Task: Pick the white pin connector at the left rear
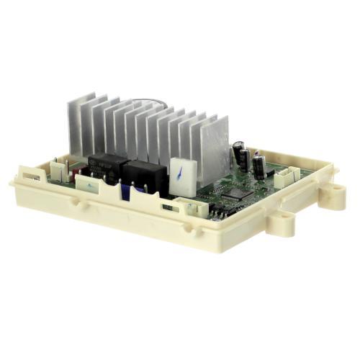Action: pyautogui.click(x=57, y=170)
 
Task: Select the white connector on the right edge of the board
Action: pyautogui.click(x=287, y=178)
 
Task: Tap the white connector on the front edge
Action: pyautogui.click(x=193, y=208)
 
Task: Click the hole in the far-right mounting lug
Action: pyautogui.click(x=333, y=192)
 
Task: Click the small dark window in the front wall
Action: pyautogui.click(x=167, y=207)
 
